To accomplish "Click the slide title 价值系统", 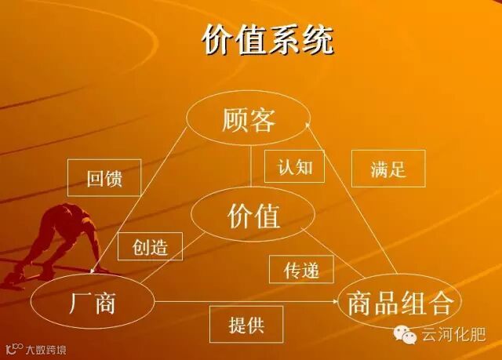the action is pyautogui.click(x=267, y=40).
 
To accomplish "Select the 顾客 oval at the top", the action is pyautogui.click(x=249, y=120).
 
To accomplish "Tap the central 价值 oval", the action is pyautogui.click(x=253, y=214).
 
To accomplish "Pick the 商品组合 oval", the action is pyautogui.click(x=399, y=301).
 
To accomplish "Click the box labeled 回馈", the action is pyautogui.click(x=104, y=178).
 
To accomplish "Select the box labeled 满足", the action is pyautogui.click(x=387, y=169).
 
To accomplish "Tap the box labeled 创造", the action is pyautogui.click(x=150, y=247).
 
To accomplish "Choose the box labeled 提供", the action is pyautogui.click(x=246, y=325).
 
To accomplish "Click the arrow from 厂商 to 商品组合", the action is pyautogui.click(x=243, y=301).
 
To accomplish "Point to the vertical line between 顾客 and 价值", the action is pyautogui.click(x=251, y=168).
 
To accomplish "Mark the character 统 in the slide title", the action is pyautogui.click(x=317, y=40).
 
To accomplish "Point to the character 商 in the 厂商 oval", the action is pyautogui.click(x=110, y=300).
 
